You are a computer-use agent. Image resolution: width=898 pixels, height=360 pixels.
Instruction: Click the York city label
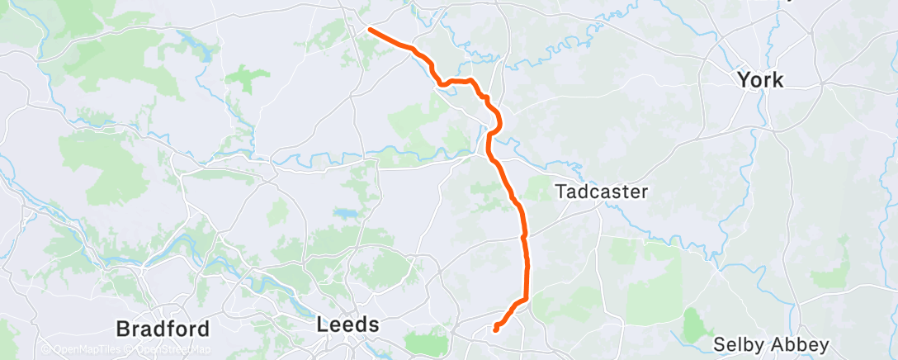[760, 80]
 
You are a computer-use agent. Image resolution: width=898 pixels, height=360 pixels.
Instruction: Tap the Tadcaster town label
[602, 192]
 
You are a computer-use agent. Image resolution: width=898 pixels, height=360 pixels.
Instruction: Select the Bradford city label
[163, 328]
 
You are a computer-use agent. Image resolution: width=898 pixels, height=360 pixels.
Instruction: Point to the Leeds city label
[348, 324]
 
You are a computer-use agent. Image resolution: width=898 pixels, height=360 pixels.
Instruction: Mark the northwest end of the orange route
[369, 30]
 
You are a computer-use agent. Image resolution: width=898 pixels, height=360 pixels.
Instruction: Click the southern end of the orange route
[495, 329]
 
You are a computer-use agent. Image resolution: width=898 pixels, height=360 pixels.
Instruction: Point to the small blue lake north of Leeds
[343, 214]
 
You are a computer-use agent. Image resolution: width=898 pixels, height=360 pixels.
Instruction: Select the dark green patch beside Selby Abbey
[697, 320]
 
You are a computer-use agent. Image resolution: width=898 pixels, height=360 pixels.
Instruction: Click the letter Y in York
[743, 80]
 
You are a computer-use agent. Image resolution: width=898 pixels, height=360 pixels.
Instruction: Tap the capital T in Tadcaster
[560, 192]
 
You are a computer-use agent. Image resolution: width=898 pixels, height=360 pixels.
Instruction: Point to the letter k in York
[778, 80]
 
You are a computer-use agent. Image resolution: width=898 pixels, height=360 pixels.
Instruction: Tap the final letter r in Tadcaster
[645, 192]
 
